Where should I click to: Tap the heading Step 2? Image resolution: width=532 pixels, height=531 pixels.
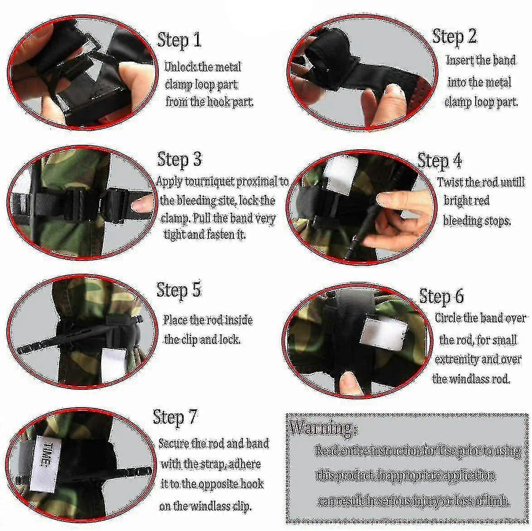454,36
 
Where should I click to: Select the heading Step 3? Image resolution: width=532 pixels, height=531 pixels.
179,159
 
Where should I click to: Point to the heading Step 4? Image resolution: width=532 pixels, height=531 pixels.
439,161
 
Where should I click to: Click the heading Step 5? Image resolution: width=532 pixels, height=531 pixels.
178,290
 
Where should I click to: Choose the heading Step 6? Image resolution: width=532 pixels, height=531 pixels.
441,296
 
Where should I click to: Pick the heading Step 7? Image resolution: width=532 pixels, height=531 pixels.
175,417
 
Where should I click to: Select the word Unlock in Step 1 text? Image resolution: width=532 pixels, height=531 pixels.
180,67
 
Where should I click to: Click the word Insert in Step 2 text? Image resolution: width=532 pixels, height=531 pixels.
460,60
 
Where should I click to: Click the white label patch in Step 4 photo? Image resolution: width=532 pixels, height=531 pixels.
336,175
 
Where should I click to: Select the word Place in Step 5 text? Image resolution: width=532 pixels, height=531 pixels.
175,320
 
